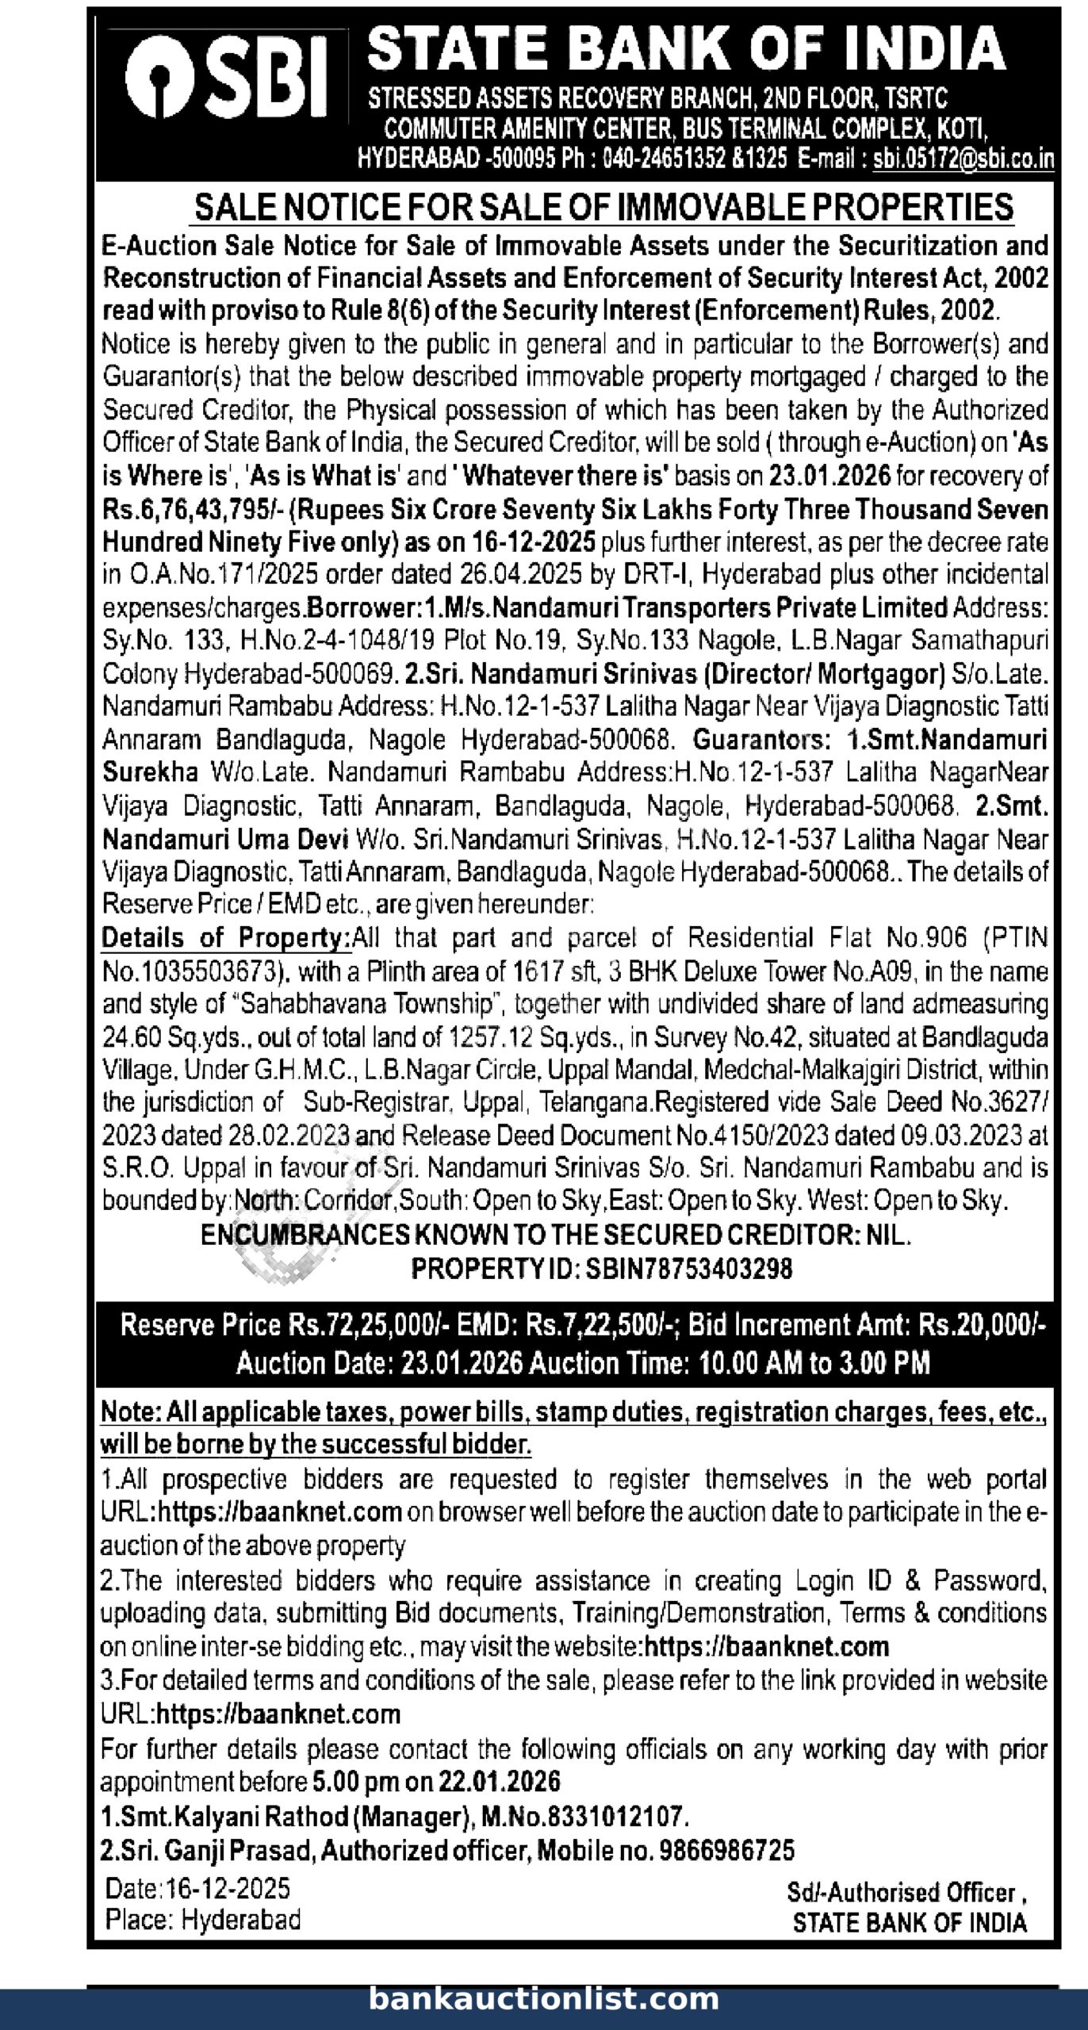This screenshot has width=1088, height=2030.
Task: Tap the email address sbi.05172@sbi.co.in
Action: (x=963, y=159)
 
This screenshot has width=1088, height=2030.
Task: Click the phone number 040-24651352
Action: (x=665, y=159)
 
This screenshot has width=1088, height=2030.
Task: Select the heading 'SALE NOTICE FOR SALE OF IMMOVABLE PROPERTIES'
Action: (x=603, y=208)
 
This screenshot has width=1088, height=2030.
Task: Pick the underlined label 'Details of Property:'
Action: (x=226, y=938)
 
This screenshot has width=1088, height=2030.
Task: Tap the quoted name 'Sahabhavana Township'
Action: (x=366, y=1005)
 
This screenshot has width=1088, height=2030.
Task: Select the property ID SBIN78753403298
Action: (x=688, y=1270)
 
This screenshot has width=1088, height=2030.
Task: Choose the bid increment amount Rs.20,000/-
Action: (x=982, y=1326)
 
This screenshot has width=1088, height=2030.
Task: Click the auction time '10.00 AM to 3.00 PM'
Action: (x=814, y=1363)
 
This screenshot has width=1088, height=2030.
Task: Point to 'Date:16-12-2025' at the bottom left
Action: (x=197, y=1888)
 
